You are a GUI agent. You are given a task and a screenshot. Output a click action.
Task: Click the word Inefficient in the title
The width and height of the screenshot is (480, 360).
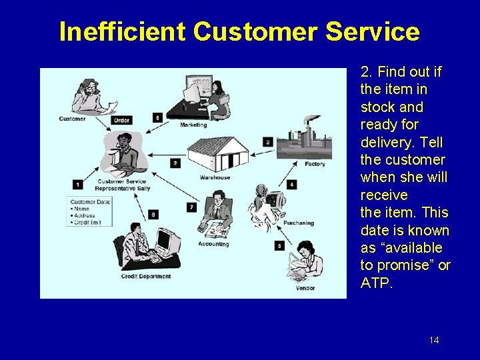(x=122, y=31)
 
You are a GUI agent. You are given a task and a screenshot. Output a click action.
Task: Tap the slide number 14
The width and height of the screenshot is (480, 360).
(x=434, y=341)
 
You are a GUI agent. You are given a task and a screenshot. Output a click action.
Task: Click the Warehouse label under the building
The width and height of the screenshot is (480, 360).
(x=215, y=177)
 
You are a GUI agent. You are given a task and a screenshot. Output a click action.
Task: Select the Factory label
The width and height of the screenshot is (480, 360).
(x=315, y=164)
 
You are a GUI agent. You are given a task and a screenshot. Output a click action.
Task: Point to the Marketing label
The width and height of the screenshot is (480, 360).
(x=193, y=125)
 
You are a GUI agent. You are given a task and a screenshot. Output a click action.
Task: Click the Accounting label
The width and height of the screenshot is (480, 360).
(x=213, y=244)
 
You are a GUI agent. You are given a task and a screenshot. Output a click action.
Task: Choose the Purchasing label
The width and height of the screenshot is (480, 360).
(x=298, y=223)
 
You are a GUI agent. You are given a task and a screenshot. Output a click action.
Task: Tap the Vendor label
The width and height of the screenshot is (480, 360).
(x=306, y=288)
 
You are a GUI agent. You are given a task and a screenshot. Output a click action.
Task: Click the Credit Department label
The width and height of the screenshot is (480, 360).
(x=146, y=276)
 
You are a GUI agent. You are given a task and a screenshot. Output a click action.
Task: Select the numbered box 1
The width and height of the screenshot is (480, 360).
(x=78, y=185)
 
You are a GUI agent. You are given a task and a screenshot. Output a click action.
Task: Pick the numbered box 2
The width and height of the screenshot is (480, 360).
(x=175, y=163)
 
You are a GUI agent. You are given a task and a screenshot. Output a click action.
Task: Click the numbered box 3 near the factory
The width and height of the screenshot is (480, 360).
(x=268, y=141)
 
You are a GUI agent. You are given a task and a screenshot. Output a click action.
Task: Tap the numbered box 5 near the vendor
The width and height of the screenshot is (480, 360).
(x=279, y=246)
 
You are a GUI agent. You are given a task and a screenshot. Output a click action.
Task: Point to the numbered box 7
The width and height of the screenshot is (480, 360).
(x=191, y=207)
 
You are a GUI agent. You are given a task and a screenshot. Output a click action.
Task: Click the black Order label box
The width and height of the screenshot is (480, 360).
(x=121, y=121)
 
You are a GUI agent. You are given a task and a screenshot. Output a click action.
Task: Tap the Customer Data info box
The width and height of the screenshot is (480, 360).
(x=89, y=211)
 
